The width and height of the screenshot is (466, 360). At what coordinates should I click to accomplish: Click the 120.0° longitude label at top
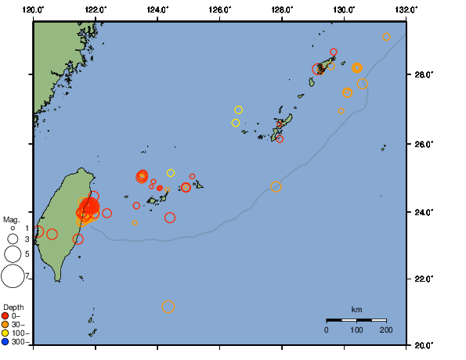pos(34,9)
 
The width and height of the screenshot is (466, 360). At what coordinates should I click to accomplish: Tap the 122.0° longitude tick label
pos(96,9)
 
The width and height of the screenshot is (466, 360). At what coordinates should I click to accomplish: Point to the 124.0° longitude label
pos(157,9)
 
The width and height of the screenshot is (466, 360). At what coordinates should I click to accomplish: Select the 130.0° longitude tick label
pos(344,9)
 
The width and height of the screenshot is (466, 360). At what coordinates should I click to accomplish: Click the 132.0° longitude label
pos(405,9)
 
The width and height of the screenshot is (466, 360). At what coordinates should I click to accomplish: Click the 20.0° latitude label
pos(423,344)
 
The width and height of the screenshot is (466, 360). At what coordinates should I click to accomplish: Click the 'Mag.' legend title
pos(11,219)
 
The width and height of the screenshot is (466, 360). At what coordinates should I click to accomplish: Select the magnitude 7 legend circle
pos(13,275)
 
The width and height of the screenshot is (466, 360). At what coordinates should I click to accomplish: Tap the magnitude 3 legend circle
pos(13,239)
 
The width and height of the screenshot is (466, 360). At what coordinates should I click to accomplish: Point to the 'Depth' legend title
pos(13,306)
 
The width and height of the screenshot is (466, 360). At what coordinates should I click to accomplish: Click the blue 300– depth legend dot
pos(5,342)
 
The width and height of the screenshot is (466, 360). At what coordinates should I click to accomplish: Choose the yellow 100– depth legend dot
pos(5,333)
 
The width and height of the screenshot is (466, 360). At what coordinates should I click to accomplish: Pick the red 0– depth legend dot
pos(5,315)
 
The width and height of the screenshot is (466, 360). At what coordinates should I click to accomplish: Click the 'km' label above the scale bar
pos(356,310)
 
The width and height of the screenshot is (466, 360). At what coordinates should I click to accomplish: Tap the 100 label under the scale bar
pos(356,330)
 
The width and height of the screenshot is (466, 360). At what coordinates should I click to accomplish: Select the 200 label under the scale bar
pos(386,330)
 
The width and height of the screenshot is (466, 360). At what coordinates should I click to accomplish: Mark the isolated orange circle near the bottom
pos(168,307)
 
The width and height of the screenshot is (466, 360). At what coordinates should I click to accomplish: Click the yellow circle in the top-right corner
pos(386,37)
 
